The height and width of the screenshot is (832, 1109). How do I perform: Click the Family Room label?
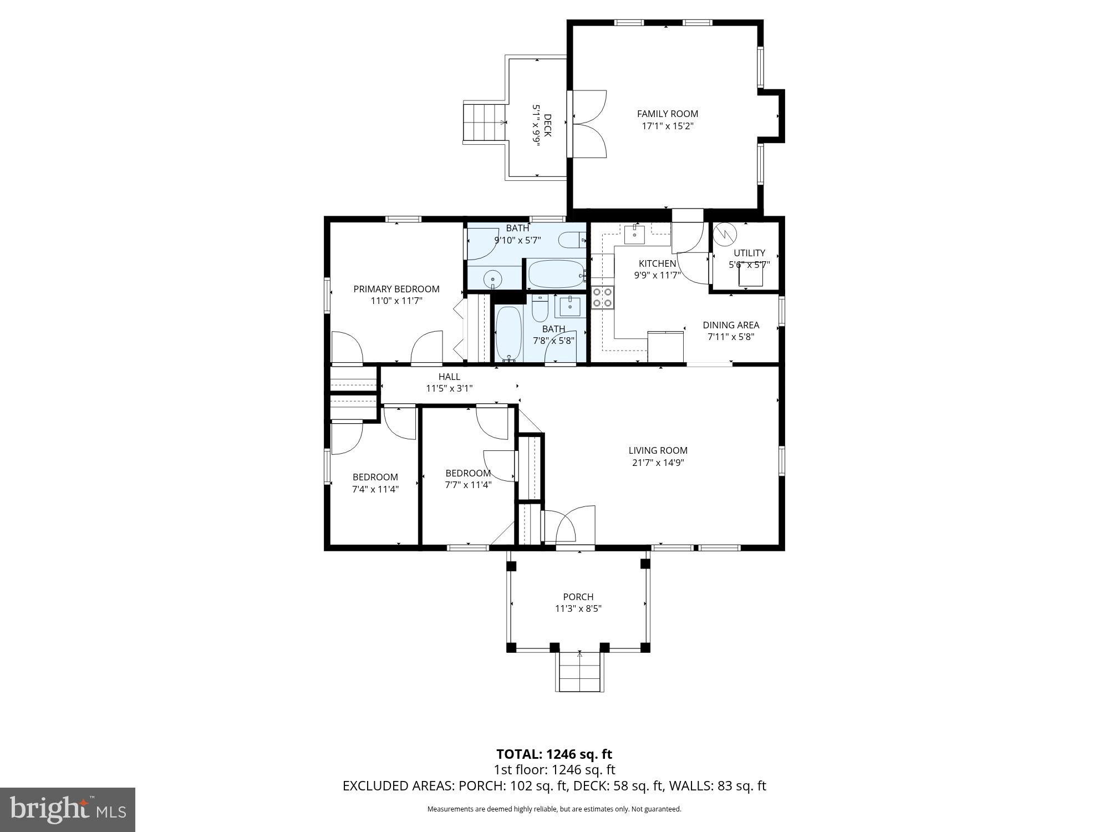pyautogui.click(x=667, y=114)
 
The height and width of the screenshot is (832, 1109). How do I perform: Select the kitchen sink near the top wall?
pyautogui.click(x=634, y=235)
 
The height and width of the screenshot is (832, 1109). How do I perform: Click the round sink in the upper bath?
pyautogui.click(x=492, y=278)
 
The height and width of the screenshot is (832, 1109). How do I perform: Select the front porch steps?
pyautogui.click(x=579, y=672)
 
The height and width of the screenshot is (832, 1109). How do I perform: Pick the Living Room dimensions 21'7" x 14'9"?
pyautogui.click(x=658, y=463)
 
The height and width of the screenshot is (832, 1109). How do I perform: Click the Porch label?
pyautogui.click(x=578, y=597)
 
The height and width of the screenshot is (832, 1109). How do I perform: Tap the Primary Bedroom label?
pyautogui.click(x=396, y=289)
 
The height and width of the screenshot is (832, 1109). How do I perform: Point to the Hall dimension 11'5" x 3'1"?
pyautogui.click(x=449, y=388)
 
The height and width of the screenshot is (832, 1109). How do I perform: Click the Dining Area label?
pyautogui.click(x=731, y=325)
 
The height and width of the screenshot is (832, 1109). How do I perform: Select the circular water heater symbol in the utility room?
pyautogui.click(x=724, y=234)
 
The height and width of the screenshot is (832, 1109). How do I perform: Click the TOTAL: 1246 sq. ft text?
pyautogui.click(x=554, y=754)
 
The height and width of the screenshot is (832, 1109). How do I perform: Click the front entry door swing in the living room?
pyautogui.click(x=571, y=525)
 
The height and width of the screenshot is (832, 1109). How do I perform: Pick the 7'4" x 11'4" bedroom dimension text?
pyautogui.click(x=375, y=489)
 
